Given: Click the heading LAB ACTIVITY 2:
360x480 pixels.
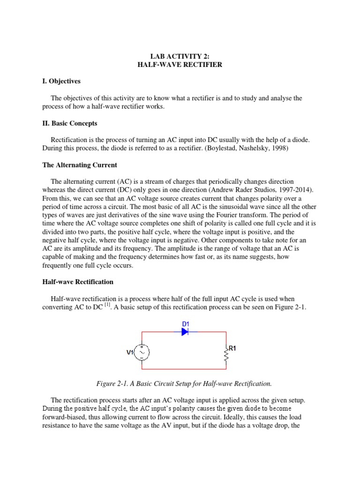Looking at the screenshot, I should point(180,56).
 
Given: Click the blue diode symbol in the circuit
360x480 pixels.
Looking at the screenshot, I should point(185,331).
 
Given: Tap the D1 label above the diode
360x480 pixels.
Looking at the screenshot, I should point(185,323).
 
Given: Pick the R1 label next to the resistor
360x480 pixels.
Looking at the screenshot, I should point(232,348).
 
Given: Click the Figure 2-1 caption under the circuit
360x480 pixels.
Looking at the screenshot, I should point(184,383).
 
